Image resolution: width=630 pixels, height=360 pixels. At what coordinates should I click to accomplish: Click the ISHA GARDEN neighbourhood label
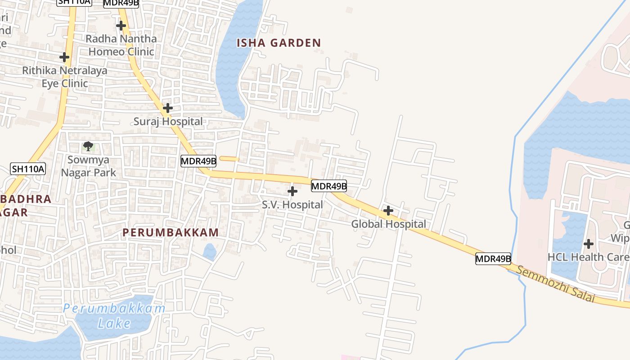(x=279, y=43)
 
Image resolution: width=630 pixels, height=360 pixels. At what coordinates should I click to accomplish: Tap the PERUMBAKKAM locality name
(x=171, y=233)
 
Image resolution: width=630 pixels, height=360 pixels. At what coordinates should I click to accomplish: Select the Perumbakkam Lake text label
(x=114, y=316)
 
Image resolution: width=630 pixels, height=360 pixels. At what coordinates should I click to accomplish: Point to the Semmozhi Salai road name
(x=555, y=284)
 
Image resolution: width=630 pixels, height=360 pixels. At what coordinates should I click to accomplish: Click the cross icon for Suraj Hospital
(x=167, y=108)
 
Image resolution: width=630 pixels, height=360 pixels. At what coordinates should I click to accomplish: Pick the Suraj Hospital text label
(x=168, y=121)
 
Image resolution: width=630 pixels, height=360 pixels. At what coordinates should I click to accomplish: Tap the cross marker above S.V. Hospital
(x=292, y=191)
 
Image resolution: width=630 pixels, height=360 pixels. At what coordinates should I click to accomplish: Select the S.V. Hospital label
(x=292, y=205)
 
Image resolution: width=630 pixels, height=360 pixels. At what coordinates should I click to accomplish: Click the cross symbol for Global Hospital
(x=388, y=210)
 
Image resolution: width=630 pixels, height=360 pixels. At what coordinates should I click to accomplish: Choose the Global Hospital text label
(x=388, y=224)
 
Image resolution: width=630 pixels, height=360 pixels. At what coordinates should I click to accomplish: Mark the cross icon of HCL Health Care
(x=588, y=244)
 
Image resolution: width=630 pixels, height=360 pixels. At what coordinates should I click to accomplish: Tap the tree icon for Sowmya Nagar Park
(x=88, y=146)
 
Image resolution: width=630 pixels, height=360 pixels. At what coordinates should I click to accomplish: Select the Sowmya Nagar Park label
(x=88, y=166)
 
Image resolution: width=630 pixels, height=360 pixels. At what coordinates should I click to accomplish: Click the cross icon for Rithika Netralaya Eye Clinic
(x=64, y=57)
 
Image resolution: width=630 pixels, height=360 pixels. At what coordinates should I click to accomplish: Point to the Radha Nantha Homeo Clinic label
(x=121, y=45)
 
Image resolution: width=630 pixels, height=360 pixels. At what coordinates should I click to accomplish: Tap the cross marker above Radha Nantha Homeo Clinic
(x=121, y=26)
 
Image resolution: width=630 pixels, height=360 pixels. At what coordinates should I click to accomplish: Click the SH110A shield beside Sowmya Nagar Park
(x=28, y=169)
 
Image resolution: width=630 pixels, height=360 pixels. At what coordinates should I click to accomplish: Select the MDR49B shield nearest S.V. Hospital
(x=329, y=185)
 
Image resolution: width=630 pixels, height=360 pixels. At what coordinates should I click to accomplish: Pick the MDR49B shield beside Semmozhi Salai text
(x=493, y=259)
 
